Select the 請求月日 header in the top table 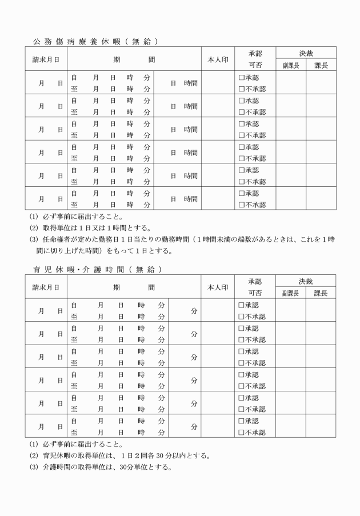pyautogui.click(x=46, y=59)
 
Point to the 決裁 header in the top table pyautogui.click(x=306, y=53)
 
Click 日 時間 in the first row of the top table pyautogui.click(x=185, y=83)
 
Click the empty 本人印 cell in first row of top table pyautogui.click(x=217, y=83)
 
